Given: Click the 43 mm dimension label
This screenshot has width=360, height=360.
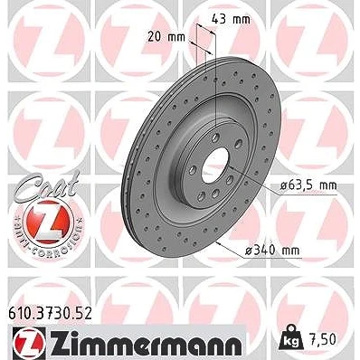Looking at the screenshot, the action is pyautogui.click(x=231, y=20).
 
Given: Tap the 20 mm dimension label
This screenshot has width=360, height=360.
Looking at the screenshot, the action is pyautogui.click(x=166, y=37).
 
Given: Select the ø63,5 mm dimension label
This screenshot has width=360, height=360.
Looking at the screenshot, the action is pyautogui.click(x=308, y=185).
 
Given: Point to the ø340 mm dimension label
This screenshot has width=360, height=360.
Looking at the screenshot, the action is pyautogui.click(x=272, y=250).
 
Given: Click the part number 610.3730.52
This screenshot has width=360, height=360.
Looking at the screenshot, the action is pyautogui.click(x=51, y=314).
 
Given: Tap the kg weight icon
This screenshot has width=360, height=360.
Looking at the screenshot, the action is pyautogui.click(x=289, y=338).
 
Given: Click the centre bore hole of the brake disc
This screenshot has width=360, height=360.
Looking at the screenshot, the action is pyautogui.click(x=215, y=166).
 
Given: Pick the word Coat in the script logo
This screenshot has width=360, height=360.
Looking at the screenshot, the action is pyautogui.click(x=47, y=185).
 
